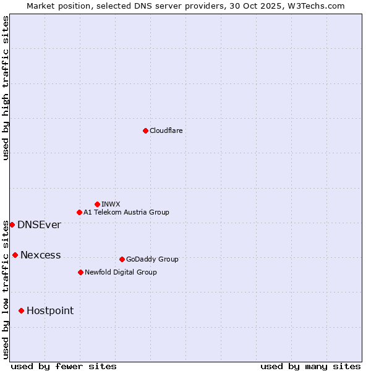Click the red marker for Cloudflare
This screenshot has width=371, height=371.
click(145, 130)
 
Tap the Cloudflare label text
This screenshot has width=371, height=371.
click(166, 130)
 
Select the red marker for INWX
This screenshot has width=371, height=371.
click(97, 204)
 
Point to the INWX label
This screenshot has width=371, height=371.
click(111, 204)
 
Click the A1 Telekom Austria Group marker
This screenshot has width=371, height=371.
click(79, 212)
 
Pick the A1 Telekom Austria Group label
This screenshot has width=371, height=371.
click(126, 212)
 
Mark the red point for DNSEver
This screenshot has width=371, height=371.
click(12, 224)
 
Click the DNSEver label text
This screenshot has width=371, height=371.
click(39, 224)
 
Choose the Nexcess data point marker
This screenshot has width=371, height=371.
click(15, 255)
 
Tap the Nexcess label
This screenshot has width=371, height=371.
click(40, 255)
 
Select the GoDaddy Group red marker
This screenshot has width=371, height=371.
click(122, 259)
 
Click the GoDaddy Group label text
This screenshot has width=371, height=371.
click(151, 259)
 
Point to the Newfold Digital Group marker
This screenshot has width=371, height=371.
click(80, 272)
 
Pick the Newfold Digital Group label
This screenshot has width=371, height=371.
click(121, 272)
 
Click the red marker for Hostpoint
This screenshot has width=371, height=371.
click(21, 310)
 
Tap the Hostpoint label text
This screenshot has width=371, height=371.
click(49, 310)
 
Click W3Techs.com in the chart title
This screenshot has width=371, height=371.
click(319, 6)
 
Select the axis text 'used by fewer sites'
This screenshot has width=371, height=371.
click(64, 366)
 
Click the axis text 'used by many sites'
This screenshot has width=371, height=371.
click(310, 366)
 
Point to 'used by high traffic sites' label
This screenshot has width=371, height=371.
click(6, 88)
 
